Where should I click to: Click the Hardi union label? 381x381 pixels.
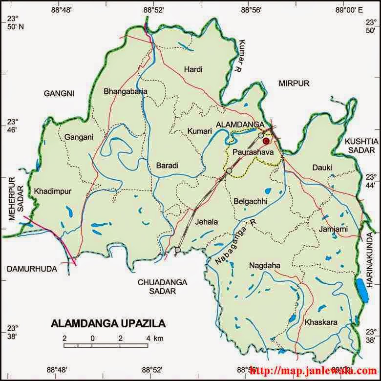tap(193, 70)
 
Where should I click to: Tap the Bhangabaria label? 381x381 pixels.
tap(126, 91)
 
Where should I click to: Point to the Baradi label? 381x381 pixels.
tap(167, 166)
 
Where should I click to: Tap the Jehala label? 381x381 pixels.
tap(206, 222)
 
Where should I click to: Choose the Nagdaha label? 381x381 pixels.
tap(264, 266)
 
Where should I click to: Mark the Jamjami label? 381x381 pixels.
tap(333, 229)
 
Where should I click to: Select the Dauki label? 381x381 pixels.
tap(322, 168)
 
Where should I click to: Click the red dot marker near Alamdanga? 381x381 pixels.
tap(266, 141)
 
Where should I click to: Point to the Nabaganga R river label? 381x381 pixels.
tap(235, 243)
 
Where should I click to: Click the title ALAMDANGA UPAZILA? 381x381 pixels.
tap(108, 324)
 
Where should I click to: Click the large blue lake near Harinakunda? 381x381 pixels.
tap(361, 290)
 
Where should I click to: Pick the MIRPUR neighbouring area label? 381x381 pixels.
tap(294, 84)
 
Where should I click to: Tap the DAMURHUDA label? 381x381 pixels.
tap(32, 269)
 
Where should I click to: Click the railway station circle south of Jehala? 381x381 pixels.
tap(178, 250)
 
